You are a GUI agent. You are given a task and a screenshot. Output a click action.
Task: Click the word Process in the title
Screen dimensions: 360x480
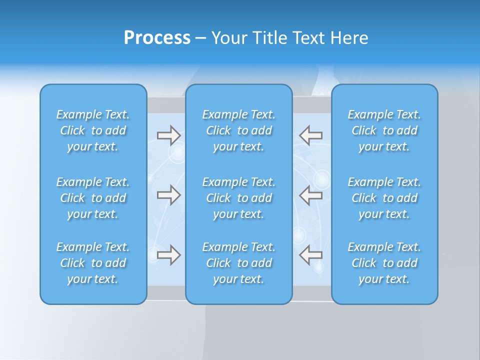tap(157, 38)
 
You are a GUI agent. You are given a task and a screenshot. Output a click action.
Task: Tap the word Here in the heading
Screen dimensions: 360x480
tap(349, 38)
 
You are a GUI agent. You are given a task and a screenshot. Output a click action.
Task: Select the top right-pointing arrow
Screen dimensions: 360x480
tap(168, 135)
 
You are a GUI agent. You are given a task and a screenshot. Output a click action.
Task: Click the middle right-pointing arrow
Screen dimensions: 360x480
tap(168, 195)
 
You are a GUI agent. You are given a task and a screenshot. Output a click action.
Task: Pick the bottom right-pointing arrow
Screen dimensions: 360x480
tap(168, 255)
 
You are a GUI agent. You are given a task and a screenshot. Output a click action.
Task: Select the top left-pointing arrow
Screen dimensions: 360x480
tap(310, 135)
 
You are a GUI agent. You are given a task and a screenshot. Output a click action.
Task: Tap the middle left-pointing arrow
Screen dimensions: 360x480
tap(310, 195)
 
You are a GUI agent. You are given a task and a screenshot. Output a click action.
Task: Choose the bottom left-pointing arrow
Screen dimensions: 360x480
tap(310, 255)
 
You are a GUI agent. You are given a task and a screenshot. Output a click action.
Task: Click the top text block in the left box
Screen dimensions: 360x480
tap(93, 130)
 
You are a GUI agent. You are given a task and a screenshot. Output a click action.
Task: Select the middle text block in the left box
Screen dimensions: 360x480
tap(93, 198)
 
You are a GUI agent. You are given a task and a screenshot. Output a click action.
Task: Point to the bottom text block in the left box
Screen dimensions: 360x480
tap(93, 263)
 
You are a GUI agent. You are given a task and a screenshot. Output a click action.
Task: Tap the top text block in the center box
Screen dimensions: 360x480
tap(239, 130)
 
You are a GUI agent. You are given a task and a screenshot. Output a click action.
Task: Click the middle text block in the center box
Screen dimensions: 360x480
tap(239, 198)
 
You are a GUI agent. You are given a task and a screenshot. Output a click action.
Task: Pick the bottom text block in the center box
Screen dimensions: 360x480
tap(239, 263)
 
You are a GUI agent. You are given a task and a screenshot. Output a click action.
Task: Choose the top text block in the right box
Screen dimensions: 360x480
tap(384, 130)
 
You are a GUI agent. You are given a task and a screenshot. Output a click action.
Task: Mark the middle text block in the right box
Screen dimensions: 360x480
tap(384, 198)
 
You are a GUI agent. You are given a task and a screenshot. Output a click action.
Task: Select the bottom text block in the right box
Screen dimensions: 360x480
tap(384, 263)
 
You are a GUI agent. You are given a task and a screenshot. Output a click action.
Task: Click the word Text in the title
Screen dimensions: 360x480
tap(309, 38)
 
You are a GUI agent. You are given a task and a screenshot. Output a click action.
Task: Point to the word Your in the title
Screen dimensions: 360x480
tap(227, 38)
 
